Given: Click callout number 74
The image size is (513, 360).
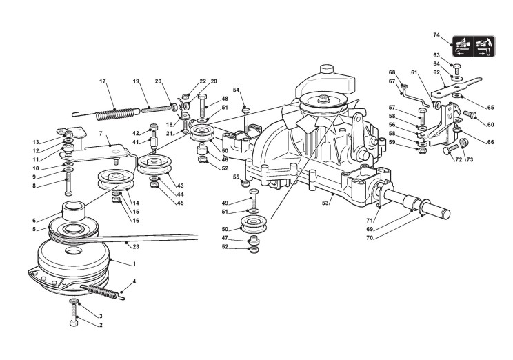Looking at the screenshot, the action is coord(436,35).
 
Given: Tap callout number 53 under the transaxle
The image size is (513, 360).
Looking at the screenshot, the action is coord(325,203).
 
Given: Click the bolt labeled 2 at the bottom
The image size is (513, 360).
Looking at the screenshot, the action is coord(74,314).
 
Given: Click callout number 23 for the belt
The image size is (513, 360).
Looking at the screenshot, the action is coord(136,246).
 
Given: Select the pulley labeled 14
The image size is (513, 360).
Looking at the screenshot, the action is coord(116,180).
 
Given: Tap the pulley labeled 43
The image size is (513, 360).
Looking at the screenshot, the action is coord(154,166).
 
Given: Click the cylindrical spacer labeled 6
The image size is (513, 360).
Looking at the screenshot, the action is coord(74,212).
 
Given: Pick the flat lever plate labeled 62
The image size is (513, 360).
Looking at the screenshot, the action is coord(456,87).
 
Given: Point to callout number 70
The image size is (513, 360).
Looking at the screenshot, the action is coord(370,238).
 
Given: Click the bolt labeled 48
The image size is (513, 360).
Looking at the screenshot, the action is coord(202,106).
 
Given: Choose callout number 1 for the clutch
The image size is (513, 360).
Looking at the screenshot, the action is coord(134,263).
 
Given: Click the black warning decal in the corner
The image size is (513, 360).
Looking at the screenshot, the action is coord(474,46).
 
